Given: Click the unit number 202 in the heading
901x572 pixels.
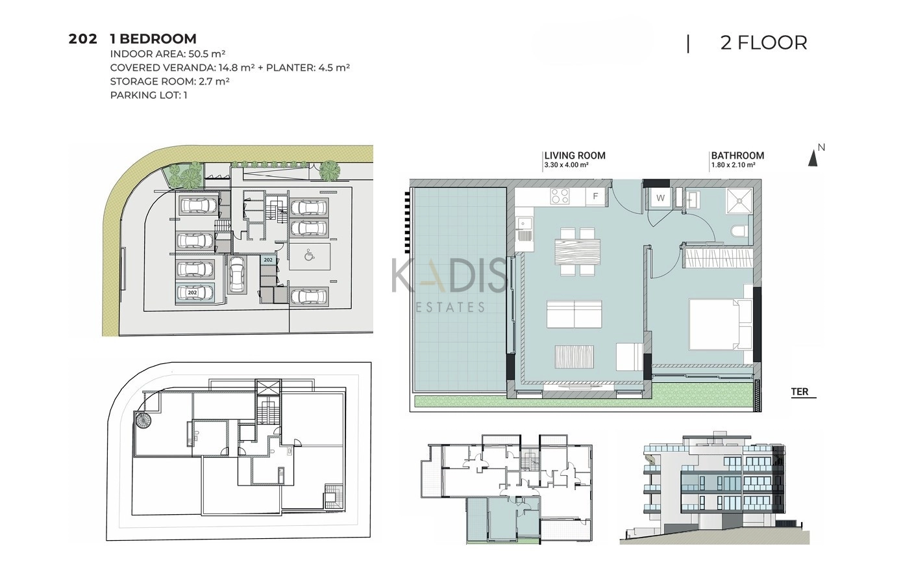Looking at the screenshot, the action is coord(83,39).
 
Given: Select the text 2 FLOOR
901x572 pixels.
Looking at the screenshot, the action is coord(763,43).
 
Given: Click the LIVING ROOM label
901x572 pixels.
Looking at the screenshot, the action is coord(574,155).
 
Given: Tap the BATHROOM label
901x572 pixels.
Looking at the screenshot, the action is coord(737,155).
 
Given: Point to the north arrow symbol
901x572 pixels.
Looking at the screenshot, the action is coord(813,158).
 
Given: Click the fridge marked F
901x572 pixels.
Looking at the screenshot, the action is coord(595,196).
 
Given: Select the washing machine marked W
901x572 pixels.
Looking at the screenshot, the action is coord(660,198).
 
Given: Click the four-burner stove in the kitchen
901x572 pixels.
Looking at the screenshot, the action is coord(560,196).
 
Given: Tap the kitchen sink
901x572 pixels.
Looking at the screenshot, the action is coord(523,229).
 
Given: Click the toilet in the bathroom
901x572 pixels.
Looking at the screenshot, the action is coord(739,231).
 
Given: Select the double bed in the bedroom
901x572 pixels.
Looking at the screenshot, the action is coord(721,324).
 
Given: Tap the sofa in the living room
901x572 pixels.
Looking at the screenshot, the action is coord(574,314).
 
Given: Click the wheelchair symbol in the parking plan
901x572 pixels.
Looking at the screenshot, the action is coord(309,255).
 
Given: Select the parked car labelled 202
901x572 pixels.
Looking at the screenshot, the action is coord(194,292).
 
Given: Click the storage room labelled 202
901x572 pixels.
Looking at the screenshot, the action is coord(268,260).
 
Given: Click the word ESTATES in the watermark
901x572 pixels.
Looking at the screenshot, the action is coord(450,307).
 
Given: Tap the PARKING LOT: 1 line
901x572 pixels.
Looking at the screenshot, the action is coord(149,96).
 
